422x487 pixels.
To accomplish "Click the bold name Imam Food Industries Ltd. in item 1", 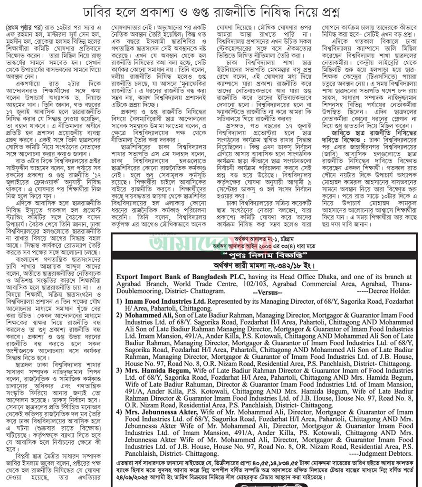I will point(165,301).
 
